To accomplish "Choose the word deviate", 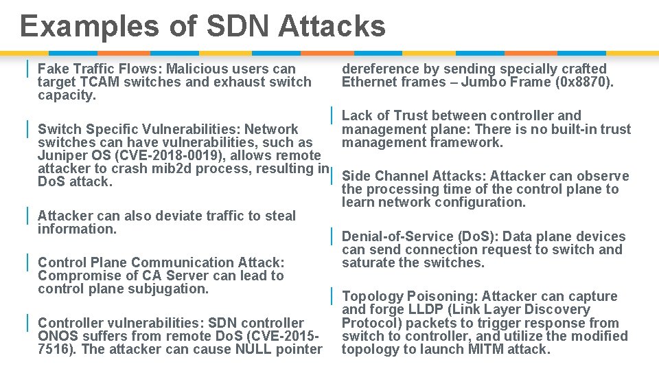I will click(x=186, y=216).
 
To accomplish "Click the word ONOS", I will click(x=58, y=336).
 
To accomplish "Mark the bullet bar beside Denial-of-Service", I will click(x=331, y=236).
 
